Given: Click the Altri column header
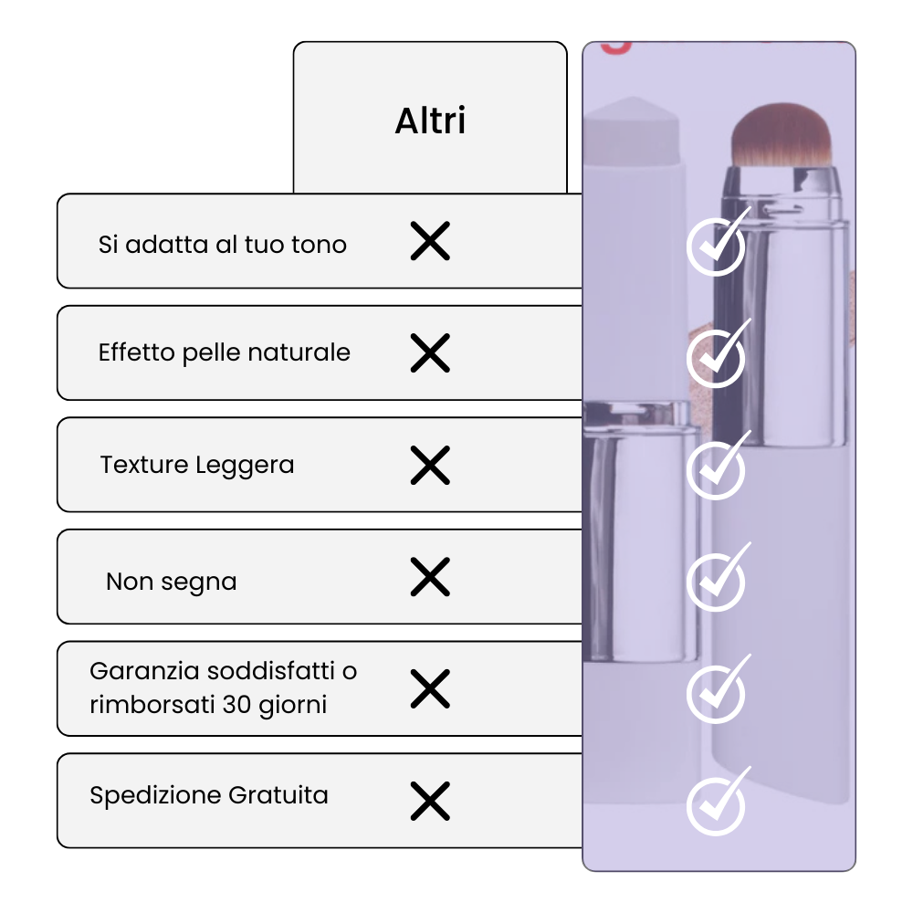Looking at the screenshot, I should pyautogui.click(x=430, y=121).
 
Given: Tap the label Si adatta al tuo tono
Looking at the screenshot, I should pyautogui.click(x=222, y=245).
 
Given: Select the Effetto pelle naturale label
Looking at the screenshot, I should pyautogui.click(x=224, y=352).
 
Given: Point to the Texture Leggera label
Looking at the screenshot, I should pyautogui.click(x=197, y=465).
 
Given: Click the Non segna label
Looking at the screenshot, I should pyautogui.click(x=172, y=582).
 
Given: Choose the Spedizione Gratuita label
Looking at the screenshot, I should pyautogui.click(x=209, y=795).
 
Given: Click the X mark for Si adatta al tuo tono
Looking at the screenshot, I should pyautogui.click(x=430, y=242).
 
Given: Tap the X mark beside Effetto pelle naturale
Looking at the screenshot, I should pyautogui.click(x=430, y=353).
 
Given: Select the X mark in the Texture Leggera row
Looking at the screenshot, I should pyautogui.click(x=430, y=466).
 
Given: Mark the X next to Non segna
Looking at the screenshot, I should pyautogui.click(x=430, y=577).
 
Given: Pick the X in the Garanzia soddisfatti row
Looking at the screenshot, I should pyautogui.click(x=430, y=689).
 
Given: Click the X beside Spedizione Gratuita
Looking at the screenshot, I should pyautogui.click(x=430, y=801).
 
